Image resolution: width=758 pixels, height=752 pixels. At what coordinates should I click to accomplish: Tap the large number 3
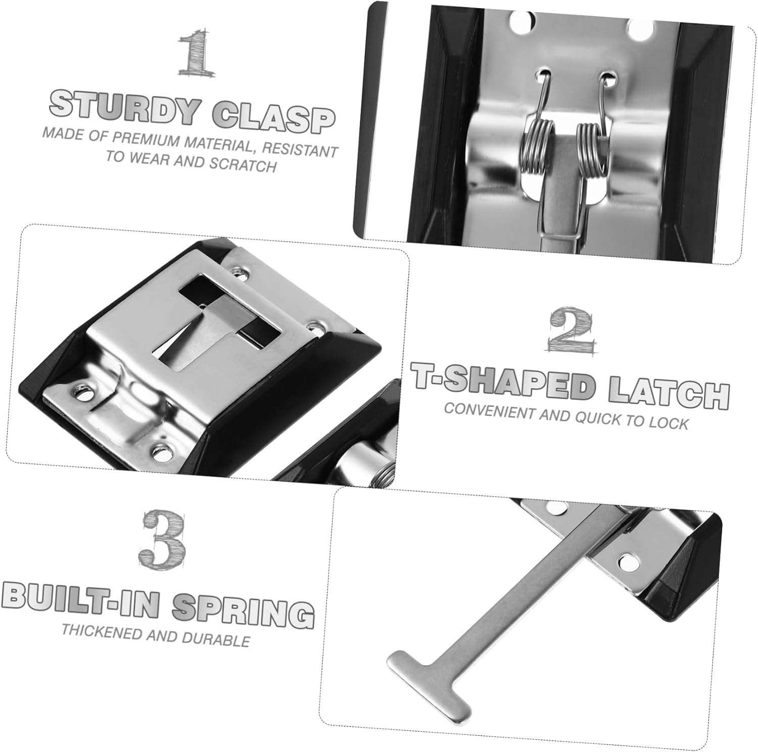click(x=163, y=539)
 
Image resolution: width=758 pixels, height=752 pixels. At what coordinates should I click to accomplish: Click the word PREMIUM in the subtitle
click(x=147, y=138)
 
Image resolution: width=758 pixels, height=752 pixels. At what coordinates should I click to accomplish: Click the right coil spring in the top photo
click(x=589, y=147)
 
